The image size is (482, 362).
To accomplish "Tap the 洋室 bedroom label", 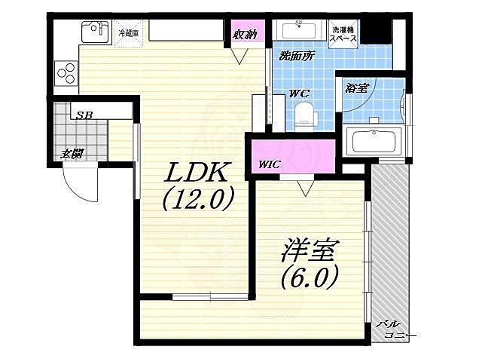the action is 311,250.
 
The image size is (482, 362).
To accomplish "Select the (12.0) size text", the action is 197,198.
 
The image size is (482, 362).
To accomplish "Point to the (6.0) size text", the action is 310,276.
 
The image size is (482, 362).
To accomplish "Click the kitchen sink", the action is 95,32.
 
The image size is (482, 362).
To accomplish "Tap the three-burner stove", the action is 66,73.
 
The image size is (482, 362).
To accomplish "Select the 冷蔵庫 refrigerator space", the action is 129,33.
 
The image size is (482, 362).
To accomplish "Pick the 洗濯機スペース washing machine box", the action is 343,34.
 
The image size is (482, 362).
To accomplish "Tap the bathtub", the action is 374,142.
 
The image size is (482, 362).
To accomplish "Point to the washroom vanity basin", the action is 298,30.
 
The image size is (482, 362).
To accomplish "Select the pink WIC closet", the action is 293,156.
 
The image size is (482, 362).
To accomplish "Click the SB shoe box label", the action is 84,115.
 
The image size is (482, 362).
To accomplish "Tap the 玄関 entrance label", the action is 72,153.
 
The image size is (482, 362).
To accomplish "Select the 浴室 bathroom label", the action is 356,87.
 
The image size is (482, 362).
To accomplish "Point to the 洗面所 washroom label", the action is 297,56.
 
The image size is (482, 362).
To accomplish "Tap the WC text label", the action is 299,93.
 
